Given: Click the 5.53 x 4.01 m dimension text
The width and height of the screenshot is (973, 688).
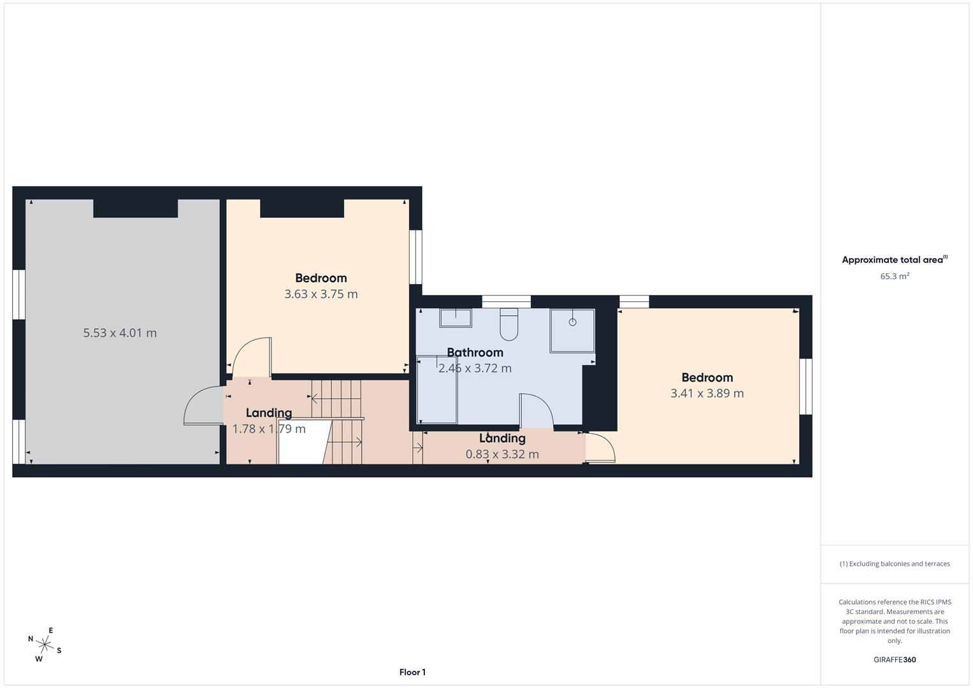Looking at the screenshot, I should (120, 333).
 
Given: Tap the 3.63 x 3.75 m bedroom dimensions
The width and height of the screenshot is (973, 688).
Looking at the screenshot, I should (321, 294).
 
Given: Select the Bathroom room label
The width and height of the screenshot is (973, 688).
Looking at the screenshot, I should (475, 352).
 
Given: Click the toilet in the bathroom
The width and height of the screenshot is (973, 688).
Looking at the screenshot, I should (509, 325).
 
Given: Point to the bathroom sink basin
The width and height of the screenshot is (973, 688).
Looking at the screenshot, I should (455, 318).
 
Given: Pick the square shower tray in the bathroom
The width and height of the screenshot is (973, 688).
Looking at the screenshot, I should (572, 331).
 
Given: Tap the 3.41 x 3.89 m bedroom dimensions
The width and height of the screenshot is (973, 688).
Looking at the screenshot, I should (707, 394).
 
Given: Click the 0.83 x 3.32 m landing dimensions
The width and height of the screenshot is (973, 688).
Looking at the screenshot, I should (502, 454).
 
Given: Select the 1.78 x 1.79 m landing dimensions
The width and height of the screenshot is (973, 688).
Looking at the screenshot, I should (268, 429).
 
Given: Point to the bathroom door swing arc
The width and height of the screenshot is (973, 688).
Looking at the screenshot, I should (537, 411).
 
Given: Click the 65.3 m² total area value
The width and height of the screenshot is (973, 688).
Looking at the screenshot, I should (894, 276).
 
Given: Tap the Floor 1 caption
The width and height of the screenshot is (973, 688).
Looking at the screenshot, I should (412, 672).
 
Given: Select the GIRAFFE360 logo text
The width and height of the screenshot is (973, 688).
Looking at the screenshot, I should (894, 660).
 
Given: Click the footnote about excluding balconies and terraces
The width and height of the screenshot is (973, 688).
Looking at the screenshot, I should (894, 564).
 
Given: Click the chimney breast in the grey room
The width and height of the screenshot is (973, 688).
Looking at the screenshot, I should (135, 208).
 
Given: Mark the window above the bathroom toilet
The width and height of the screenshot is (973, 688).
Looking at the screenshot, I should (506, 302).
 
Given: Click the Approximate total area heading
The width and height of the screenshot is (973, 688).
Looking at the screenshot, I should (894, 260).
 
